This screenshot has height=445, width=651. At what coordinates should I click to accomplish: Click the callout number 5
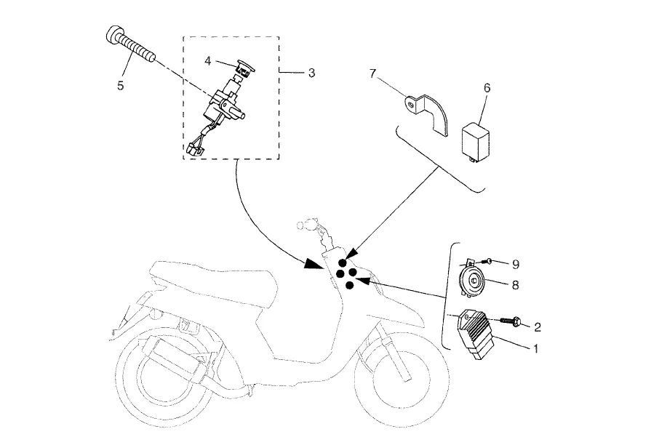click(x=121, y=85)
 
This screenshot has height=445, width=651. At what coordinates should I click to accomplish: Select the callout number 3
click(x=311, y=73)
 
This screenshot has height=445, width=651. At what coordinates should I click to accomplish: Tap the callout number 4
click(x=208, y=61)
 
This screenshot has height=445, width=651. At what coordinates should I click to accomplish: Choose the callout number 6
click(x=487, y=87)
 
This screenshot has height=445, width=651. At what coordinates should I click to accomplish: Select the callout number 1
click(x=535, y=348)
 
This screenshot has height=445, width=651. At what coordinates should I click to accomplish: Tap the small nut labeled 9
click(x=492, y=261)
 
